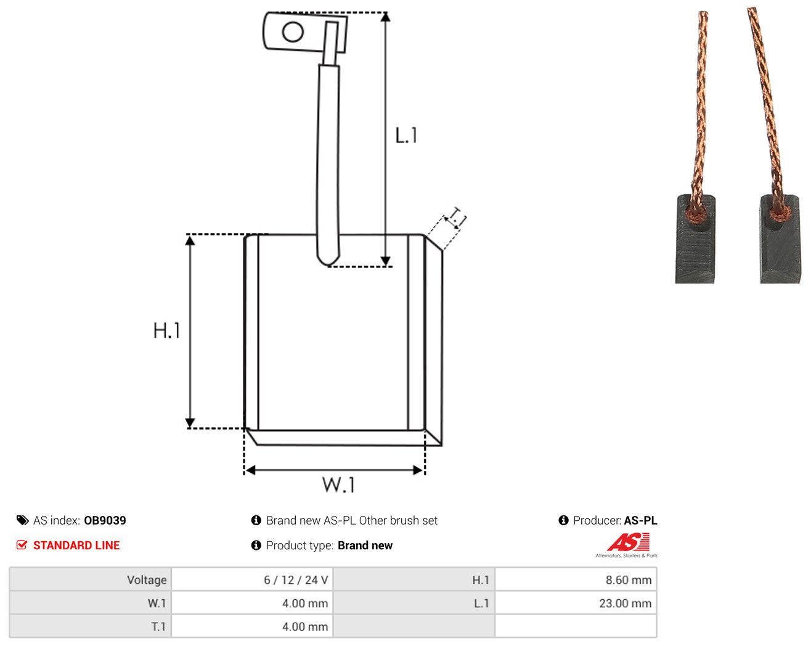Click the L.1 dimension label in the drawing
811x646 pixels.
pos(406,135)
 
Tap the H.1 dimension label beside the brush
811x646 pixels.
pos(166,330)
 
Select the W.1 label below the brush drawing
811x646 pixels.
pos(338,485)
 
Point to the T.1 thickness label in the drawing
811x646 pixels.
pos(457,218)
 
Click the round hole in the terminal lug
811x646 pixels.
pos(293,32)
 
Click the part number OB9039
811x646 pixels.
pos(105,520)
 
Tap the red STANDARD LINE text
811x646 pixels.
pos(76,545)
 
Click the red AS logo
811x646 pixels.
pos(628,542)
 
